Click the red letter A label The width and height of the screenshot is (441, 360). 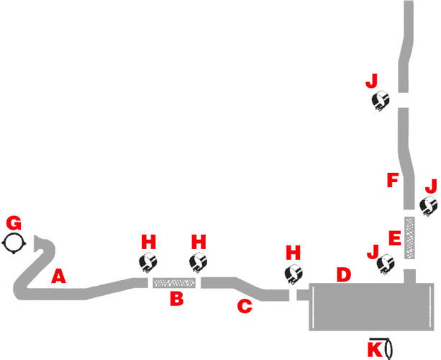[x=58, y=276]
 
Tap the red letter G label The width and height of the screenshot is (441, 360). [x=14, y=223]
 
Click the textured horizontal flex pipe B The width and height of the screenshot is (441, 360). [x=174, y=283]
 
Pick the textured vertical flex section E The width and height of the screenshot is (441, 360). [x=409, y=238]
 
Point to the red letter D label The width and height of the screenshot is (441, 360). [x=344, y=274]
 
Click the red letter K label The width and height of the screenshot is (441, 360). [x=376, y=349]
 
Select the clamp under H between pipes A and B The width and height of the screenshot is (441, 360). [x=148, y=262]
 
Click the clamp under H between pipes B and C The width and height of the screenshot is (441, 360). [x=199, y=262]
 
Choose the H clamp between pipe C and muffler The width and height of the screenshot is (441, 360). [x=294, y=274]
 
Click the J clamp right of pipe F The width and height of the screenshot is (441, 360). [x=428, y=206]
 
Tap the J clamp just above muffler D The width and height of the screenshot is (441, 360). [x=386, y=264]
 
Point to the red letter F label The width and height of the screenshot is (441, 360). [x=393, y=181]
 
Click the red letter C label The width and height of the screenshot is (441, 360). [x=245, y=306]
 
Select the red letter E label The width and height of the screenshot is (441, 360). [x=395, y=238]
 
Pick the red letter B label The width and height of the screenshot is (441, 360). [x=177, y=299]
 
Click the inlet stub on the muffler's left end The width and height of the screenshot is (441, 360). [x=303, y=295]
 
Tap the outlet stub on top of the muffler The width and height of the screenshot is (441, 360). [x=410, y=276]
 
